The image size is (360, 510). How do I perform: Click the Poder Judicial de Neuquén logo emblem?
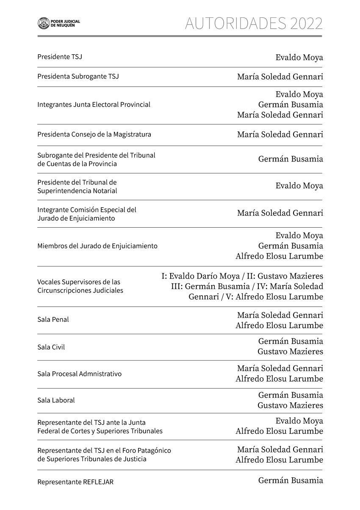[43, 23]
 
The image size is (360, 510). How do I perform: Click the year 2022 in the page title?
[306, 23]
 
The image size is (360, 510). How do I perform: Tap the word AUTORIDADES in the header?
[235, 23]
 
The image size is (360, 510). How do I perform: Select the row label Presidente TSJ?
[60, 57]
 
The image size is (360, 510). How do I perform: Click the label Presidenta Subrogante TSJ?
[78, 77]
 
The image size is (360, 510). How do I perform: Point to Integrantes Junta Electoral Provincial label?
[94, 104]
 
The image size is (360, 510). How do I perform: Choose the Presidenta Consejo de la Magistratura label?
[94, 134]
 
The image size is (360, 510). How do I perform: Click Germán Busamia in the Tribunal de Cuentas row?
[291, 159]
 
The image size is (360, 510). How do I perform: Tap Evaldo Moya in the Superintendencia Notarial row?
[299, 186]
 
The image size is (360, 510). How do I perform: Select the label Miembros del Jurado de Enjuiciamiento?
[97, 246]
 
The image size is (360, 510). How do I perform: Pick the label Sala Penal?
[53, 320]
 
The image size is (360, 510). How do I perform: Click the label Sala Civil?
[51, 347]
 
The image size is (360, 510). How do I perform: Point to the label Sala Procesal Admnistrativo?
[79, 374]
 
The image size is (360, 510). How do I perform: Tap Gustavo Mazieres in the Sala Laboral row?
[290, 405]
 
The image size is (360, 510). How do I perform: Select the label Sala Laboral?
[56, 400]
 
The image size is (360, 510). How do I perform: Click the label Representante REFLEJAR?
[75, 482]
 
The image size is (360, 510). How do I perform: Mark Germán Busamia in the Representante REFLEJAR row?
[291, 480]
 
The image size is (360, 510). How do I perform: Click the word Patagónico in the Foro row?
[153, 450]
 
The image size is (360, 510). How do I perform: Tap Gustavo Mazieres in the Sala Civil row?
[290, 351]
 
